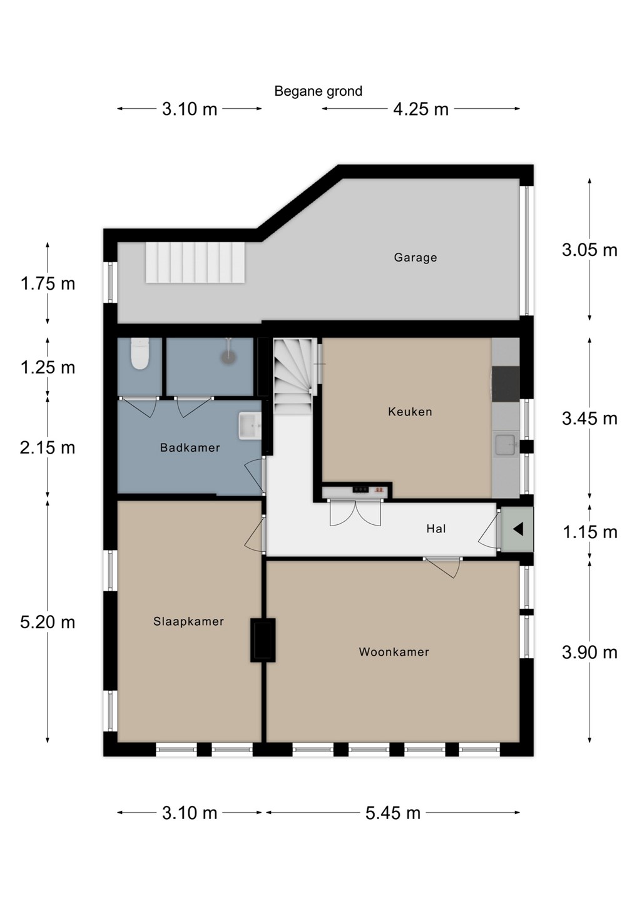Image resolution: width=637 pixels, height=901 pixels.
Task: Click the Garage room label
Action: pos(415,257)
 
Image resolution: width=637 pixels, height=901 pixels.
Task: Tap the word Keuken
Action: pos(410,412)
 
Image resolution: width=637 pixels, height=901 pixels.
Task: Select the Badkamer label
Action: pos(190,448)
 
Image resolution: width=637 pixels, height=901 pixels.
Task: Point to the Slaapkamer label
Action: pos(188,621)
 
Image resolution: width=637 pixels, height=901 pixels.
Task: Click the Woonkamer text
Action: pos(394,651)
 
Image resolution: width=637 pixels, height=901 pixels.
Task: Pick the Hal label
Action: pos(436,529)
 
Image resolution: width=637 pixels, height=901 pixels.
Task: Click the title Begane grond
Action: pos(318,91)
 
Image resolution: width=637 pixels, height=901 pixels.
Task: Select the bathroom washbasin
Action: pos(250,425)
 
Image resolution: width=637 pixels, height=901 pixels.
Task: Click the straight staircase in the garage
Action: pos(195,262)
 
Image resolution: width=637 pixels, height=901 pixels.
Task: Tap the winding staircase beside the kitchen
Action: pos(293,375)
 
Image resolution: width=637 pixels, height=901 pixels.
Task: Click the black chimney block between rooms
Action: pos(263,640)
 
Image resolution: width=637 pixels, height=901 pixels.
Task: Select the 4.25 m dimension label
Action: pos(420,109)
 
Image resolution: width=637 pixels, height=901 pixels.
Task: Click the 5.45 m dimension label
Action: pos(393,813)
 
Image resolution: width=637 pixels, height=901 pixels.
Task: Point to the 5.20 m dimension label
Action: pos(48,623)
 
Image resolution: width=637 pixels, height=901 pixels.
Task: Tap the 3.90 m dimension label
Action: pos(589,652)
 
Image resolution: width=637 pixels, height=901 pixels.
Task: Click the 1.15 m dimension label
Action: pos(589,532)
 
